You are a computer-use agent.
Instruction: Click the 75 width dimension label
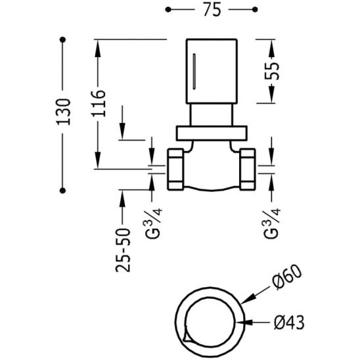tap(212, 10)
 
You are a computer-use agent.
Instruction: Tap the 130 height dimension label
tap(63, 112)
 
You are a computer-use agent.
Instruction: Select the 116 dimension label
tap(99, 104)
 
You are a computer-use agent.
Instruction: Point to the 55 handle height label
tap(272, 71)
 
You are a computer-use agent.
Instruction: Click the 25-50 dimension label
tap(123, 250)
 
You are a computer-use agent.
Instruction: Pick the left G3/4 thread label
tap(154, 223)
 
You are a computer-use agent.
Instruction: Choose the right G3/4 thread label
tap(272, 223)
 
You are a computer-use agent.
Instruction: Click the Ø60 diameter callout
tap(287, 277)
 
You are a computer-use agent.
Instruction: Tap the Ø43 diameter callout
tap(289, 322)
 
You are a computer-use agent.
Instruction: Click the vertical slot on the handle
tap(194, 72)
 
